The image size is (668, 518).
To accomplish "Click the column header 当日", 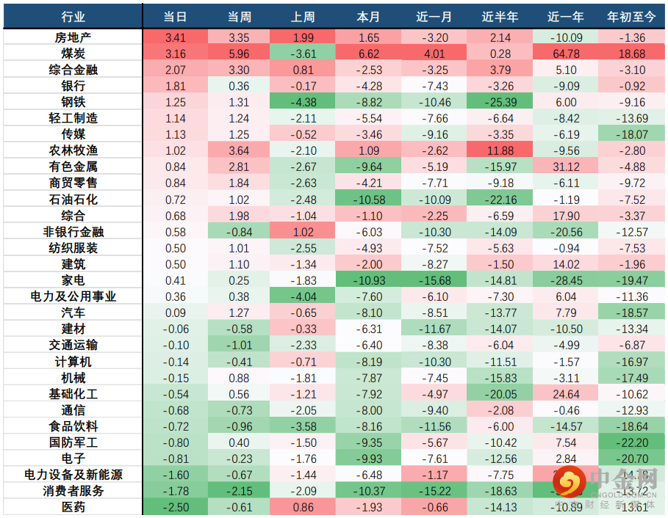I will coord(175,16).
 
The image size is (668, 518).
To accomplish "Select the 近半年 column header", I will coord(500,16).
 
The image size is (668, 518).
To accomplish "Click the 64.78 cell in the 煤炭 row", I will coord(567,54).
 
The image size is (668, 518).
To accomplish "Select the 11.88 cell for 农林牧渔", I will coord(500,150).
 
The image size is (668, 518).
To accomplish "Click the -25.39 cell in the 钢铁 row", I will coord(500,102).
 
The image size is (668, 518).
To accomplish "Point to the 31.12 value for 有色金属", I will coord(567,167).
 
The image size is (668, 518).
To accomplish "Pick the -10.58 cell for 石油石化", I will coord(368,200).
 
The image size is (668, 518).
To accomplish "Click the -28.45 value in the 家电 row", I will coord(567,280).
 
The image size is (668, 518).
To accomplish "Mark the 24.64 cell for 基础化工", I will coord(567,393).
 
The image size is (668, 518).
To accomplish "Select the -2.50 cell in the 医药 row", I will coord(175,507).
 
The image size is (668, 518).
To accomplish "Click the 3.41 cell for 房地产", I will coord(175,37).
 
